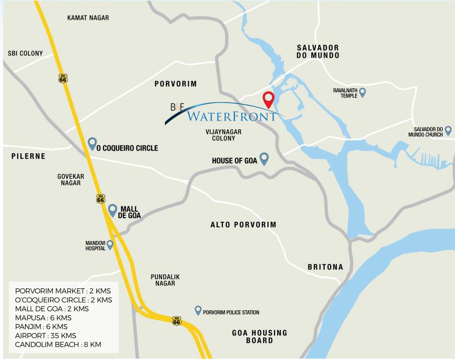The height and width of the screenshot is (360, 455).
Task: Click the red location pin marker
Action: tap(268, 99)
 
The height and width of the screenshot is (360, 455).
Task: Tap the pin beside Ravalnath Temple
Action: tap(362, 92)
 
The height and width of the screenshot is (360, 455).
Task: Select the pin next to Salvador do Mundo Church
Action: tap(448, 130)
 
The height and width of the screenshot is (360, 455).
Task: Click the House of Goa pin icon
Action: tap(264, 158)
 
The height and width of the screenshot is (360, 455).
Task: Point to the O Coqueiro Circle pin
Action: tap(92, 143)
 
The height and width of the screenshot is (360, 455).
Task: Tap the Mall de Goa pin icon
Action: tap(113, 210)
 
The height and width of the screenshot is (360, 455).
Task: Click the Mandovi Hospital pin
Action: tap(110, 244)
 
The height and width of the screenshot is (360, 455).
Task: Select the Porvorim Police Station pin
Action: tap(198, 310)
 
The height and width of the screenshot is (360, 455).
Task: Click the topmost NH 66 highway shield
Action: tap(63, 78)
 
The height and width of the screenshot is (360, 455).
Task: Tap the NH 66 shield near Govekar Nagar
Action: tap(100, 198)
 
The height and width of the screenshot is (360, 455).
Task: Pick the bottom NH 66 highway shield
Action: tap(176, 321)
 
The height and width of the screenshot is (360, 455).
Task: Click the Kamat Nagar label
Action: tap(88, 18)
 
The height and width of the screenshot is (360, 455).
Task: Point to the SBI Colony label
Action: tap(25, 53)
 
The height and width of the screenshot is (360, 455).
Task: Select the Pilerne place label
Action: tap(29, 156)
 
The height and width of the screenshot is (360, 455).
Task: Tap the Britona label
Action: tap(325, 267)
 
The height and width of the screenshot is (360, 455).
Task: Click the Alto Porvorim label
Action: tap(243, 225)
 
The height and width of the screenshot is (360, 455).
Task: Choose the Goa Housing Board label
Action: tap(259, 337)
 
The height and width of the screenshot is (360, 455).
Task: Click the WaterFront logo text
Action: tap(231, 116)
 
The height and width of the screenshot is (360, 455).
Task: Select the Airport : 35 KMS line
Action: tap(45, 336)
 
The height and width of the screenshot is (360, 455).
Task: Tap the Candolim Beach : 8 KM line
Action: tap(58, 345)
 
